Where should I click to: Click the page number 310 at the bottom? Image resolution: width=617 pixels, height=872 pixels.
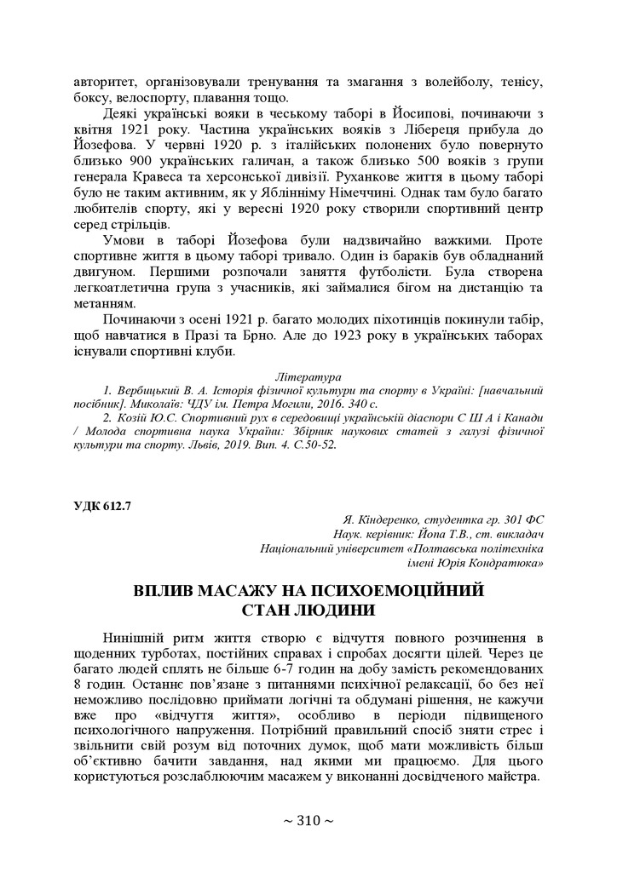308,821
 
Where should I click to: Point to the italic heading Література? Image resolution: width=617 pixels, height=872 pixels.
308,376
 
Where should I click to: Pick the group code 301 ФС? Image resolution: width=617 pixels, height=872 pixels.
518,519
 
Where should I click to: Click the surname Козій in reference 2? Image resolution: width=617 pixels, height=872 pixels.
133,418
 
